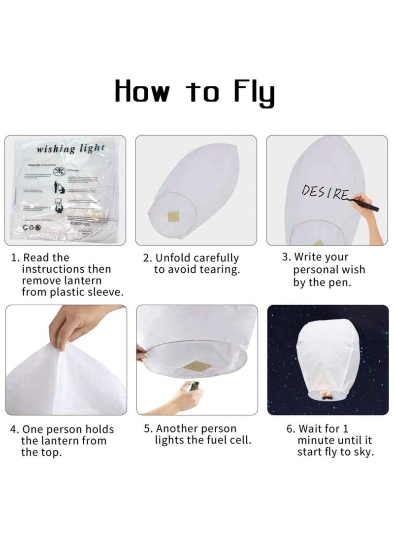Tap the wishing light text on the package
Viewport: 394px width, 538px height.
click(70, 148)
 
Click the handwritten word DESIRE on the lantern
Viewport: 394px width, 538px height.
click(326, 193)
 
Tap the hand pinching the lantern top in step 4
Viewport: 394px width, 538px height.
click(74, 326)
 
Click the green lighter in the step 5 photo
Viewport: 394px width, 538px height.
click(196, 386)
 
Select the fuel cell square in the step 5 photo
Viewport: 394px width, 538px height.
click(197, 366)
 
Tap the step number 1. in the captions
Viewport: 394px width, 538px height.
click(16, 258)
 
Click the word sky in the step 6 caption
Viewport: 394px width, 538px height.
click(364, 452)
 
